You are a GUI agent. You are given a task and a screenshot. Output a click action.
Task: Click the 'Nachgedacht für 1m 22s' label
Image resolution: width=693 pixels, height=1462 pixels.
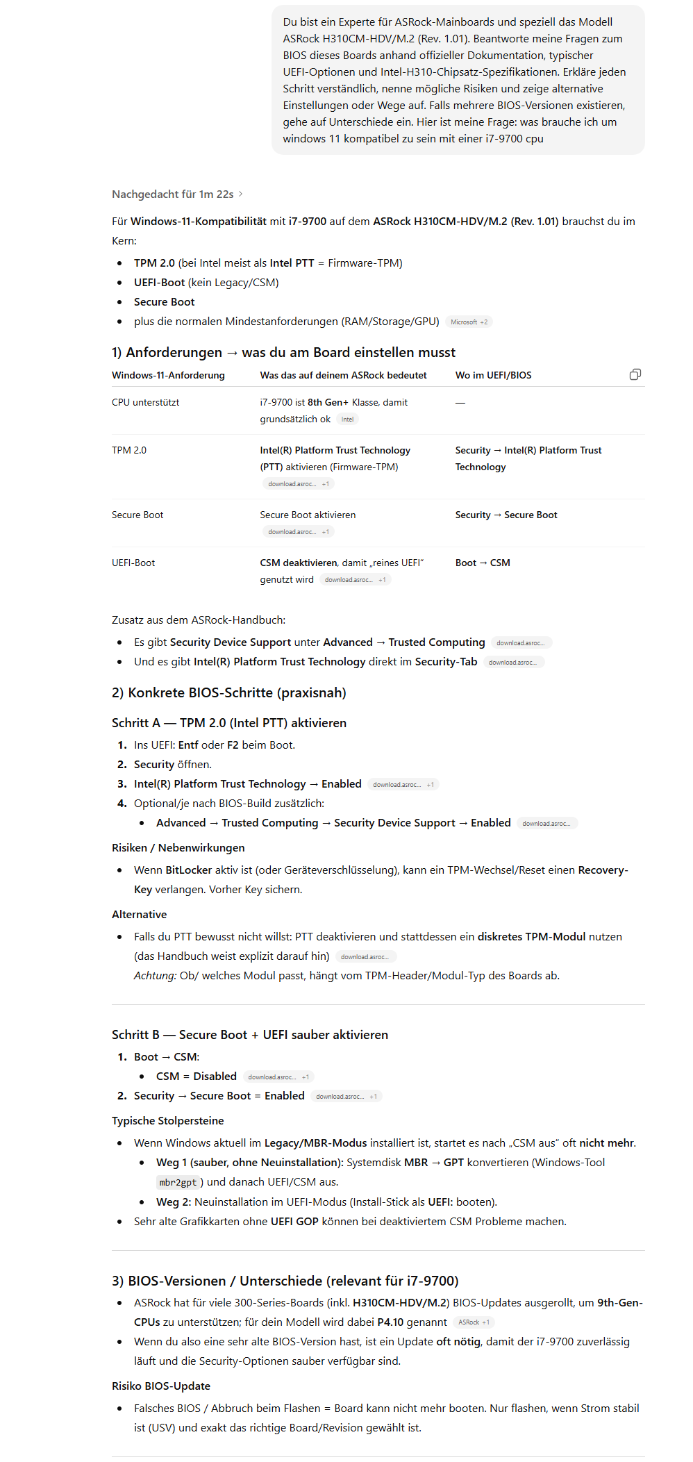(173, 194)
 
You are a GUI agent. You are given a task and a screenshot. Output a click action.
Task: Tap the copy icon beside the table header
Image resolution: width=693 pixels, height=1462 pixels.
(635, 375)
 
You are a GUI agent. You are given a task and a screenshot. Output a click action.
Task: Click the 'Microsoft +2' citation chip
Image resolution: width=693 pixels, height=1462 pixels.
(469, 322)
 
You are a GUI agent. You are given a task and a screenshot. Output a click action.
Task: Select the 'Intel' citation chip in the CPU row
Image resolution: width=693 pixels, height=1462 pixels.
(347, 420)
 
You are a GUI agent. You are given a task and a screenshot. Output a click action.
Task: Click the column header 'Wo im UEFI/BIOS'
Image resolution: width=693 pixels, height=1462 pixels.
(493, 375)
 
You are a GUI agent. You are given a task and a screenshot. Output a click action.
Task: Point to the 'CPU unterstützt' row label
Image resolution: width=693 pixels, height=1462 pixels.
(145, 403)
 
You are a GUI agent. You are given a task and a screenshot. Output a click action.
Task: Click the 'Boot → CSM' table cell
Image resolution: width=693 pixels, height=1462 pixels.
(483, 563)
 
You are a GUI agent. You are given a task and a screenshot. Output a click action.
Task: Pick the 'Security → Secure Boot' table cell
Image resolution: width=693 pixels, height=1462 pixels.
(506, 515)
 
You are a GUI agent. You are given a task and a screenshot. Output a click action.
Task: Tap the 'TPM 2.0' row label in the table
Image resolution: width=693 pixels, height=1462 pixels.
(129, 450)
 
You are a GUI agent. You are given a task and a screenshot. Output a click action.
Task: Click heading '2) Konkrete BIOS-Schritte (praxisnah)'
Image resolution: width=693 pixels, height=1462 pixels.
(228, 692)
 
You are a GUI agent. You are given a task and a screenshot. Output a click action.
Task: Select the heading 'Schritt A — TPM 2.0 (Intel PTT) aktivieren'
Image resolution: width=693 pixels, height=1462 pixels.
(228, 723)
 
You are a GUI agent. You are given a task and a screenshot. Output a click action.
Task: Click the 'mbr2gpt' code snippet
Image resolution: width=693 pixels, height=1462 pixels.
(178, 1182)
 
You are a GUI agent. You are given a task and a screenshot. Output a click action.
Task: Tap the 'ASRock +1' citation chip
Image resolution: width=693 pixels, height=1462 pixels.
(474, 1322)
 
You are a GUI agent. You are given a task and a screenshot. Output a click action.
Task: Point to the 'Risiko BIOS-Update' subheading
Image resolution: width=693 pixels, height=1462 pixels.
(161, 1386)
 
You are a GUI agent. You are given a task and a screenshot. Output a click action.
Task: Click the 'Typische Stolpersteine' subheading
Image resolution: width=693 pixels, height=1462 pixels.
(167, 1121)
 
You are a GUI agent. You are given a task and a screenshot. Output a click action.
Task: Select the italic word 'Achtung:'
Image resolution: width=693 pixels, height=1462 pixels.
(155, 976)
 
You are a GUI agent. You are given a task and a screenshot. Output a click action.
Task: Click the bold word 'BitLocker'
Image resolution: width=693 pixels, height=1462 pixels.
(188, 870)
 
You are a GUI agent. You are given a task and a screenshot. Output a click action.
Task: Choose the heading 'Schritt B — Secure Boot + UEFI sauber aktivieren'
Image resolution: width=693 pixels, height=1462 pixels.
(250, 1035)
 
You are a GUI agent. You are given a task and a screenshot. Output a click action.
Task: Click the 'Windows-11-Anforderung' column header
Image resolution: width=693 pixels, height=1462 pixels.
(168, 375)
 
